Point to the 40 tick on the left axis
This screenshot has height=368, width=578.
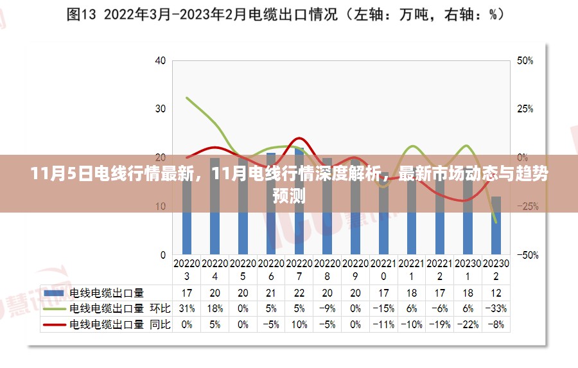[x=160, y=61]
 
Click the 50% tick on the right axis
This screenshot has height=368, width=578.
[x=525, y=61]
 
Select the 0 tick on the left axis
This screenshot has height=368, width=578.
[x=162, y=255]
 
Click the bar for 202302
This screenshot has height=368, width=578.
[x=496, y=225]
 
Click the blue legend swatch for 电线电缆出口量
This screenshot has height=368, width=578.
[x=54, y=293]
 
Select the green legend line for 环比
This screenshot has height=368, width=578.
[x=54, y=309]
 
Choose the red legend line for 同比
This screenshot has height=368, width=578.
[x=54, y=325]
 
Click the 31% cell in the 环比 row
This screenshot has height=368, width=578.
[x=187, y=309]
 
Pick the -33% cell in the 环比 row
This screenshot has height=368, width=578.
[x=496, y=309]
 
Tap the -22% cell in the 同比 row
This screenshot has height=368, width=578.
[x=468, y=325]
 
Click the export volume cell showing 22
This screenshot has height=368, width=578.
[x=299, y=293]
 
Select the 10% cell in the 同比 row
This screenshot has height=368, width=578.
[x=299, y=325]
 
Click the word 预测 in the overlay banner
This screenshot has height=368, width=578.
[x=289, y=195]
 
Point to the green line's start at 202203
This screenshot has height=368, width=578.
[x=187, y=98]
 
